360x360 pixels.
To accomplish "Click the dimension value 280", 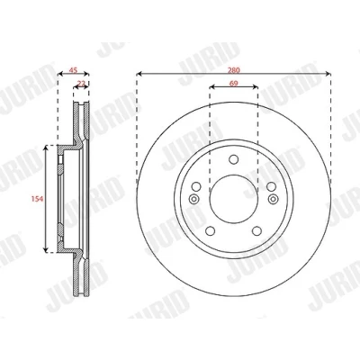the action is pos(234,70).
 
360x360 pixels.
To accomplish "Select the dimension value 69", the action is pos(234,84).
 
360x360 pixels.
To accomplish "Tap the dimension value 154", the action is pos(37,199).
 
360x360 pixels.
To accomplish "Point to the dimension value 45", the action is pos(73,70).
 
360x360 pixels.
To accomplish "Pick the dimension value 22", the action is pos(81,83).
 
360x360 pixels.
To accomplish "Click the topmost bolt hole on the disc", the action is pos(234,159).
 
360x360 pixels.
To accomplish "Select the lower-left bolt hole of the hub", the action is pos(211,231).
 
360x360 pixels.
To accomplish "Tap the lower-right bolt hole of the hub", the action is pos(257,231).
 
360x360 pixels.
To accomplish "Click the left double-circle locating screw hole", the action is pos(194,199).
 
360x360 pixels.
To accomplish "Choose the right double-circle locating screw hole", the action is pos(273,199).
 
